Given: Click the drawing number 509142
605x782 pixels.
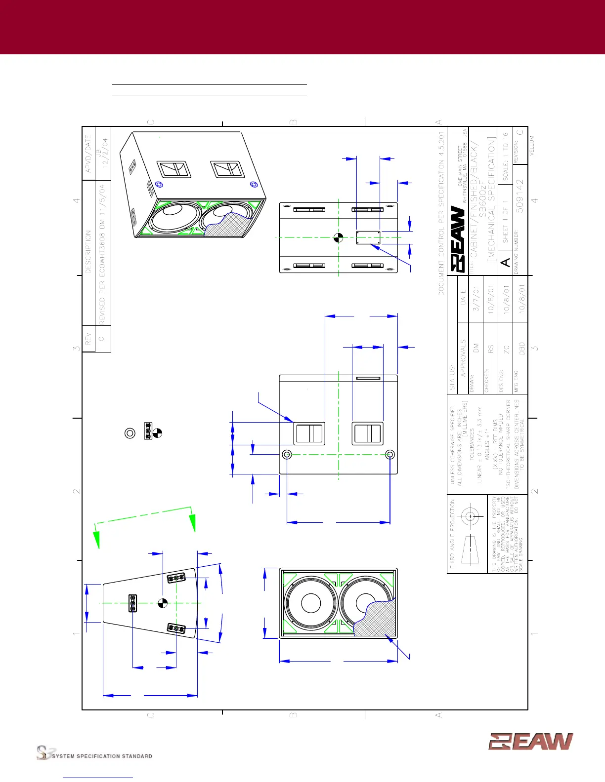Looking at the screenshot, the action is pyautogui.click(x=520, y=196).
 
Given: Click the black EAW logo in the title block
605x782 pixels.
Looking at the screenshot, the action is pyautogui.click(x=458, y=239).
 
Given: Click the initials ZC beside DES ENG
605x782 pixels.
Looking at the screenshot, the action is pyautogui.click(x=506, y=349).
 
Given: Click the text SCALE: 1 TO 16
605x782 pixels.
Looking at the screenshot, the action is pyautogui.click(x=505, y=156).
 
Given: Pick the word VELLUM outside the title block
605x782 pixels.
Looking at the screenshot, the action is pyautogui.click(x=532, y=146).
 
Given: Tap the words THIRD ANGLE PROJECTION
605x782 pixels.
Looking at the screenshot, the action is pyautogui.click(x=452, y=533).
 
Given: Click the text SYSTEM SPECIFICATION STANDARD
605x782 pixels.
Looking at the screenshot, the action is pyautogui.click(x=102, y=756).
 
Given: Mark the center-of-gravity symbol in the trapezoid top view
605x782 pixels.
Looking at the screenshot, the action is pyautogui.click(x=163, y=603).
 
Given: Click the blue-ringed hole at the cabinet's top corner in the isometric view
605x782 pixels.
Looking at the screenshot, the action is pyautogui.click(x=159, y=184).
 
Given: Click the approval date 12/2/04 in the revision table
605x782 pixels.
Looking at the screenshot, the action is pyautogui.click(x=105, y=153).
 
